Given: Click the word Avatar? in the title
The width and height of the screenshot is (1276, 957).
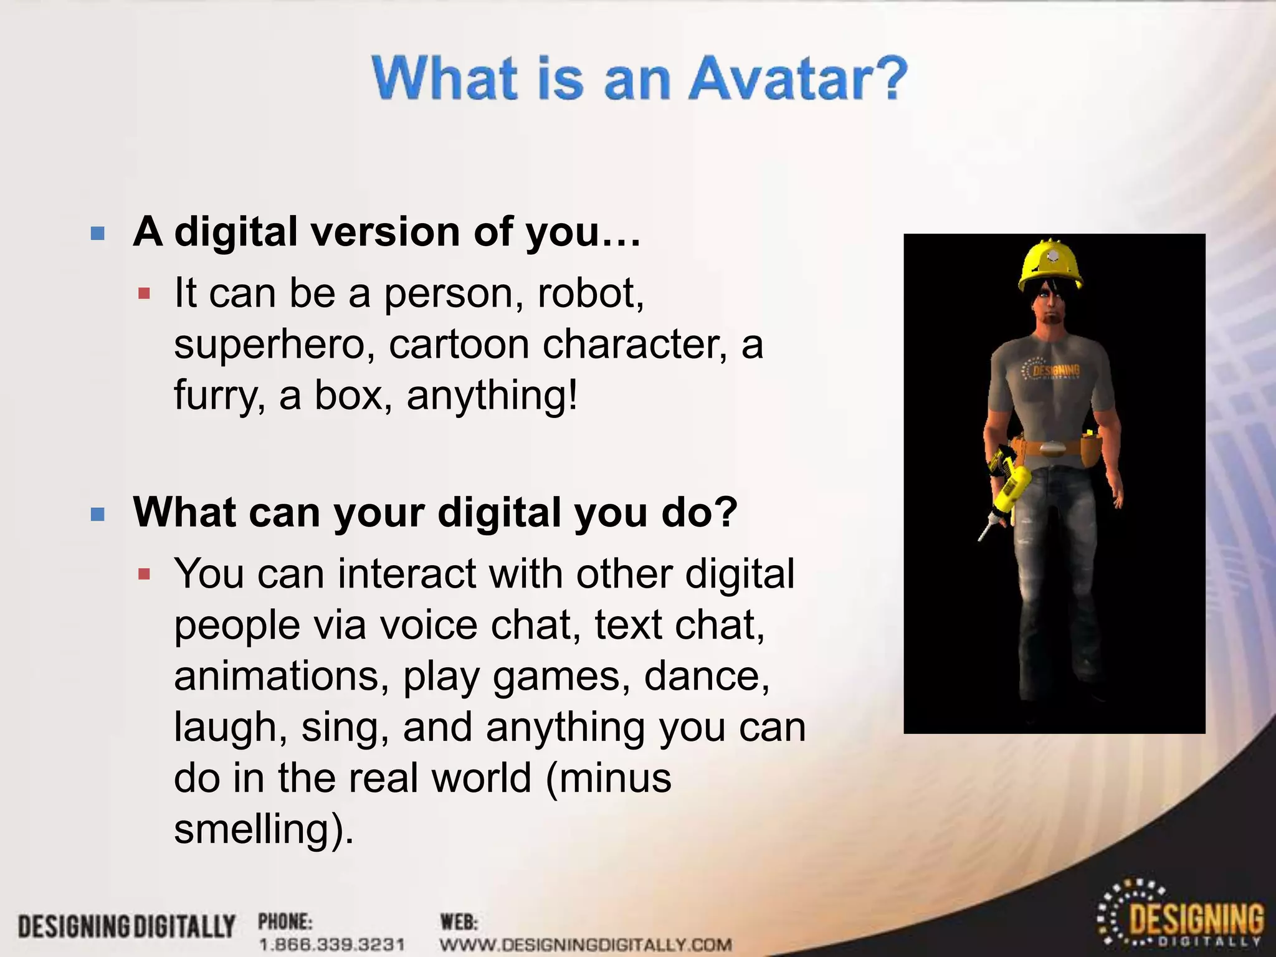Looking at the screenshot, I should (797, 79).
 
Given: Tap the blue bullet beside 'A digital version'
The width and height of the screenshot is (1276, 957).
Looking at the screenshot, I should (97, 234).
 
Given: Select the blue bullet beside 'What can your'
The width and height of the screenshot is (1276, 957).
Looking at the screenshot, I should (97, 514).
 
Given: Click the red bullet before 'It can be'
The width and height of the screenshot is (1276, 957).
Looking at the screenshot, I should (145, 293).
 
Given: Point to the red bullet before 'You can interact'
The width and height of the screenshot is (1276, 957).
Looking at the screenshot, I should (145, 574).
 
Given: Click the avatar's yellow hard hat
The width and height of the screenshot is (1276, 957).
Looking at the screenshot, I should (1050, 265).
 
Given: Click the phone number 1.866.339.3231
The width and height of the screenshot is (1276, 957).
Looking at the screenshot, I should (331, 945).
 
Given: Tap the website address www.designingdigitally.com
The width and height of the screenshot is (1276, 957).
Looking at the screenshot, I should (586, 945).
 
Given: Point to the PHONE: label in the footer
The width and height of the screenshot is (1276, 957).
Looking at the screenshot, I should (285, 921).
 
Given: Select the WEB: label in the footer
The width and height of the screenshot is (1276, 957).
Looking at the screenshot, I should (459, 921).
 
